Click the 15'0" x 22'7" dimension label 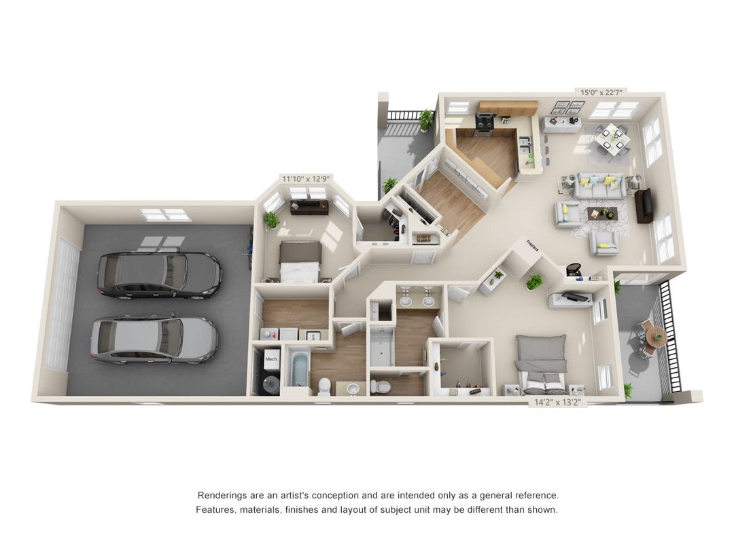[x=600, y=92]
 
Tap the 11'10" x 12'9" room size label [x=306, y=179]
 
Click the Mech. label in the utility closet [x=271, y=359]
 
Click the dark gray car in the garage [x=159, y=275]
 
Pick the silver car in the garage [x=154, y=339]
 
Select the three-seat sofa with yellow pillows [x=599, y=185]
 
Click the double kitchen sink [x=525, y=145]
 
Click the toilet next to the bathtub [x=324, y=386]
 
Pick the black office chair [x=574, y=270]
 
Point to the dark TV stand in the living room [x=643, y=205]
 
